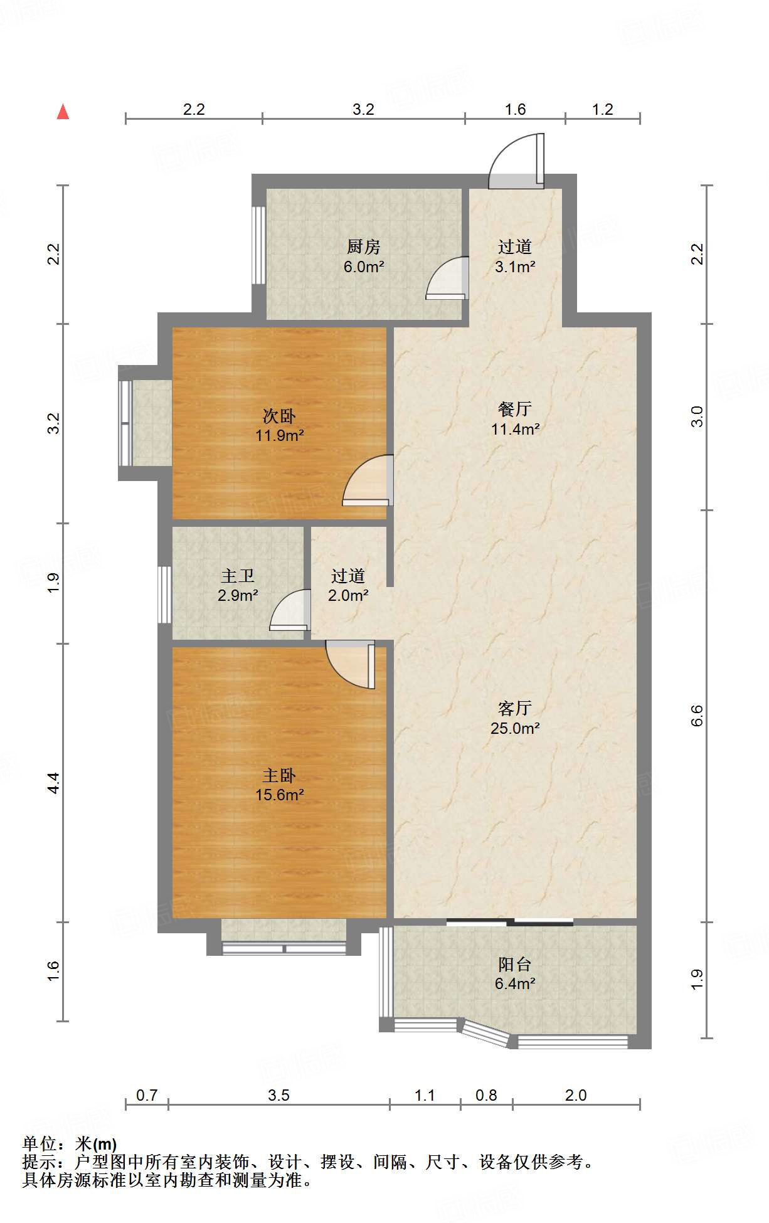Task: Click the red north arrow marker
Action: [63, 112]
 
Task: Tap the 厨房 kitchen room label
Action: [364, 246]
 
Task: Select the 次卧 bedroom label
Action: [279, 416]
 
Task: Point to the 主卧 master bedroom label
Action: [279, 776]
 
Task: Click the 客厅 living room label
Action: [515, 708]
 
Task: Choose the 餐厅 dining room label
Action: [515, 409]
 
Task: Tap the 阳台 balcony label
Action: [515, 964]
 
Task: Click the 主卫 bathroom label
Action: [238, 576]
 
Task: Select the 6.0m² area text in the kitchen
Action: [364, 267]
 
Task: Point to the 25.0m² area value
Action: [515, 728]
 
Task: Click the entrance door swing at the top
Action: [516, 161]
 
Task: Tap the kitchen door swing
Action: [447, 278]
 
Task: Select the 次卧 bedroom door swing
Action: [368, 480]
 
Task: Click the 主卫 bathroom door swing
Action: [290, 610]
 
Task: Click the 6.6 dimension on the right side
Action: [697, 716]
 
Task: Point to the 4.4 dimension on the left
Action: [54, 783]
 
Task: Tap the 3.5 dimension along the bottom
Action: [278, 1095]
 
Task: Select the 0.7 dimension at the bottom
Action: [147, 1095]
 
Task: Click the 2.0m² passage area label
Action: [348, 595]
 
